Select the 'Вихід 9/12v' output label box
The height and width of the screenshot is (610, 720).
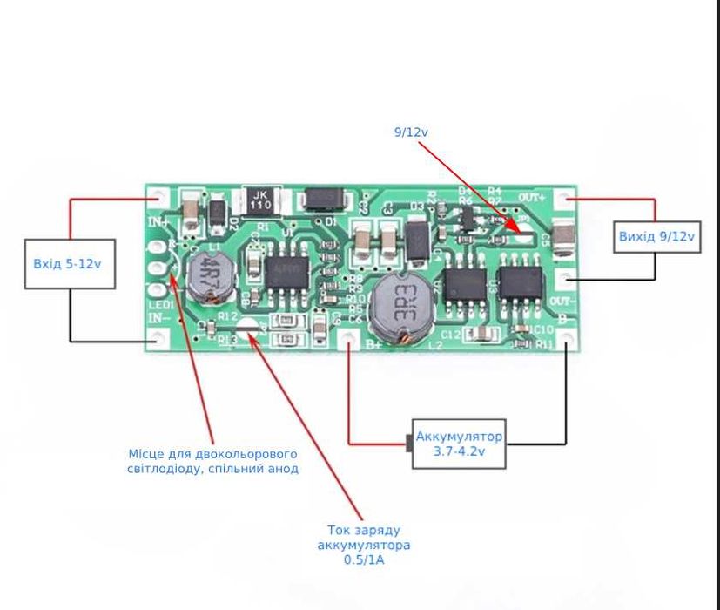coord(657,236)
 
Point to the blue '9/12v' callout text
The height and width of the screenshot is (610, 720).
coord(411,132)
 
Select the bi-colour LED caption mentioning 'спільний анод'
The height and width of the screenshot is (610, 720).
coord(212,461)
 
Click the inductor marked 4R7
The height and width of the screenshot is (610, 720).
coord(207,276)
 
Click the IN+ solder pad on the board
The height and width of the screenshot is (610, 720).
coord(157,198)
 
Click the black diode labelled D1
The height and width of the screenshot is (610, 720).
coord(322,201)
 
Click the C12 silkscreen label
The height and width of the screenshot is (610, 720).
coord(450,335)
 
